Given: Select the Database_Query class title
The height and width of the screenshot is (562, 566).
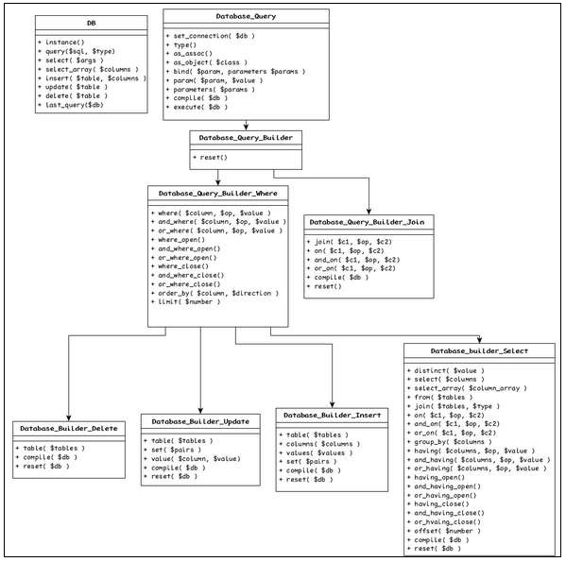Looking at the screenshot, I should pyautogui.click(x=246, y=15).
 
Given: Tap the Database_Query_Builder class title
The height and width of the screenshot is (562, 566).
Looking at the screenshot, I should pyautogui.click(x=246, y=138).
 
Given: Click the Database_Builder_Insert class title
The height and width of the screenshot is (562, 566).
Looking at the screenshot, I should pyautogui.click(x=331, y=416).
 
